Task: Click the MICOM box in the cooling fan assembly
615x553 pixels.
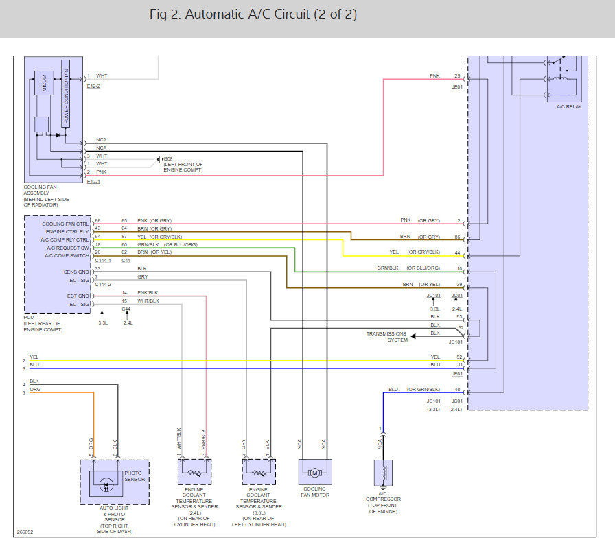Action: (x=45, y=83)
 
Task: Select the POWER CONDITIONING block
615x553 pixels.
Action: (x=66, y=93)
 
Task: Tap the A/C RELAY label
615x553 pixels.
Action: (x=569, y=106)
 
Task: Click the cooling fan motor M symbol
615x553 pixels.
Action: (x=314, y=473)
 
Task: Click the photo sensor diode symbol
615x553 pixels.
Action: (x=106, y=486)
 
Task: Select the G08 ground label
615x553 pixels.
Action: (x=168, y=159)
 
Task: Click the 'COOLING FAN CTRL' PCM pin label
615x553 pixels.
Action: (x=65, y=224)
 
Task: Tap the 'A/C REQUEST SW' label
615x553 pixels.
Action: (x=68, y=248)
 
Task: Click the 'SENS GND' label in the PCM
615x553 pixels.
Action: (x=76, y=272)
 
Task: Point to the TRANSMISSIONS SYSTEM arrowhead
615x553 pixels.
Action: (x=413, y=336)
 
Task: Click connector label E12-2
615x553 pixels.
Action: (x=93, y=86)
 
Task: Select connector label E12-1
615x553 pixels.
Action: (x=93, y=182)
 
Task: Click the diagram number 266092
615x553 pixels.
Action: (x=25, y=532)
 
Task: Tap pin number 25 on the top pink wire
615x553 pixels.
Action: (x=457, y=75)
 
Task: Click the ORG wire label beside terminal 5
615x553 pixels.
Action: (x=35, y=390)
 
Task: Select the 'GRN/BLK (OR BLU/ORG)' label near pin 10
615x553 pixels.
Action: (x=408, y=268)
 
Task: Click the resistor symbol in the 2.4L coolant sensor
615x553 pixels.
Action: (x=194, y=473)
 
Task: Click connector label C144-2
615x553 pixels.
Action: (x=103, y=284)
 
